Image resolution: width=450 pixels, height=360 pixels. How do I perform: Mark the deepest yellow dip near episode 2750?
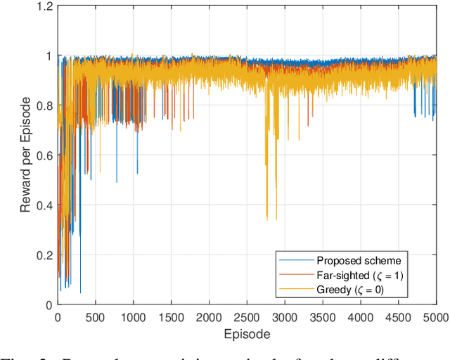click(266, 219)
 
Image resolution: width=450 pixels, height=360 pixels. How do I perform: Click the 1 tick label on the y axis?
click(49, 56)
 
